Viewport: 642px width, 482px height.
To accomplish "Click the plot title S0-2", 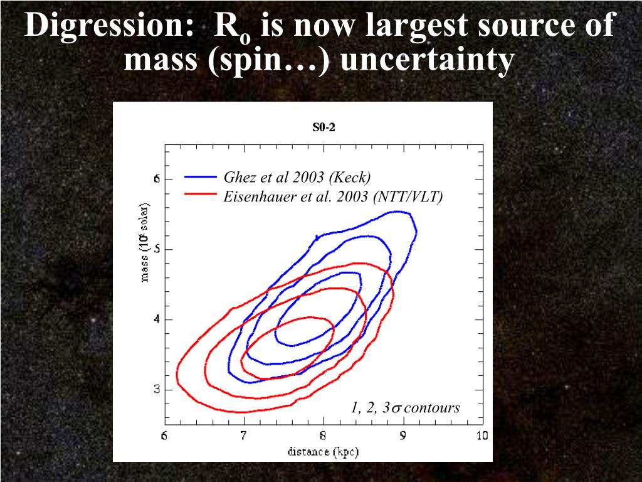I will pyautogui.click(x=324, y=127).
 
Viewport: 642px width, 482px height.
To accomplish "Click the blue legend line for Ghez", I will pyautogui.click(x=200, y=178).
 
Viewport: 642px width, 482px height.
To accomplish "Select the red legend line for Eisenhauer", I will pyautogui.click(x=200, y=195).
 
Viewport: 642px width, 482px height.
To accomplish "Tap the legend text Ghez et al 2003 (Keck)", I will pyautogui.click(x=297, y=178).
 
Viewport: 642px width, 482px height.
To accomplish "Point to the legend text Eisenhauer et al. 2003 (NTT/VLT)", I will pyautogui.click(x=333, y=196).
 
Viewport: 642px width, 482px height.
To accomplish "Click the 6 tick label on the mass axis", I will pyautogui.click(x=157, y=179).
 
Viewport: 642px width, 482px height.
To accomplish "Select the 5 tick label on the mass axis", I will pyautogui.click(x=157, y=249).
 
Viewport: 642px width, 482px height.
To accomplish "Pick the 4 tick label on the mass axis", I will pyautogui.click(x=157, y=319).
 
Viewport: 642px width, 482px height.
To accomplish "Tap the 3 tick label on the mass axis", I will pyautogui.click(x=157, y=390).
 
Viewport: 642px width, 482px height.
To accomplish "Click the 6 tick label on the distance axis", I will pyautogui.click(x=165, y=436).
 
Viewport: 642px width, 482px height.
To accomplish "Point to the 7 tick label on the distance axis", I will pyautogui.click(x=244, y=436).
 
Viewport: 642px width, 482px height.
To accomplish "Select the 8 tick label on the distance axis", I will pyautogui.click(x=323, y=436).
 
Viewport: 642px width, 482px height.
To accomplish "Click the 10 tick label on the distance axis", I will pyautogui.click(x=481, y=436).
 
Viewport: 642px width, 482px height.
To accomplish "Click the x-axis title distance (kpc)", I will pyautogui.click(x=323, y=451).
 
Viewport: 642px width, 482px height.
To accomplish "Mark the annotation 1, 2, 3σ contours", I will pyautogui.click(x=405, y=408).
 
